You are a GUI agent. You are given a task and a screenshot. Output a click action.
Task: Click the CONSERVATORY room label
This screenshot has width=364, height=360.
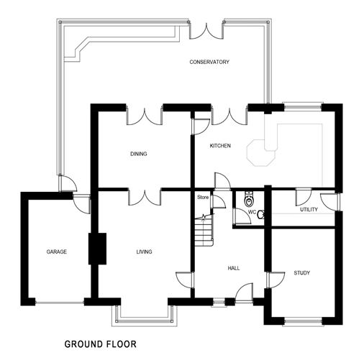point(209,63)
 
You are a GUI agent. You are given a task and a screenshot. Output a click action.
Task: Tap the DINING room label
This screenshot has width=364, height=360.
point(139,153)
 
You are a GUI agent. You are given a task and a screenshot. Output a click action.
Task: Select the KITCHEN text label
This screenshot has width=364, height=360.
point(220,146)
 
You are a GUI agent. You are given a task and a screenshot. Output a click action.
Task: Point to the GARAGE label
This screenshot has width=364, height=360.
point(57,252)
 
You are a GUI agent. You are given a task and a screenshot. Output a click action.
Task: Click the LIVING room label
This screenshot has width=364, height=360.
point(145,251)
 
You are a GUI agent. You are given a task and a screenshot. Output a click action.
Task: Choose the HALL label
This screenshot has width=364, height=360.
point(233,267)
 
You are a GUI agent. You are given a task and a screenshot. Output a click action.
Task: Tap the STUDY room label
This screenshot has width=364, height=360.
point(301,273)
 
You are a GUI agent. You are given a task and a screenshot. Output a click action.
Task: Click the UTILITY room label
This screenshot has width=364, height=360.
point(309,209)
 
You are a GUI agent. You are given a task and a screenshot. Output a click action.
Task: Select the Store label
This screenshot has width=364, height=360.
point(202,196)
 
